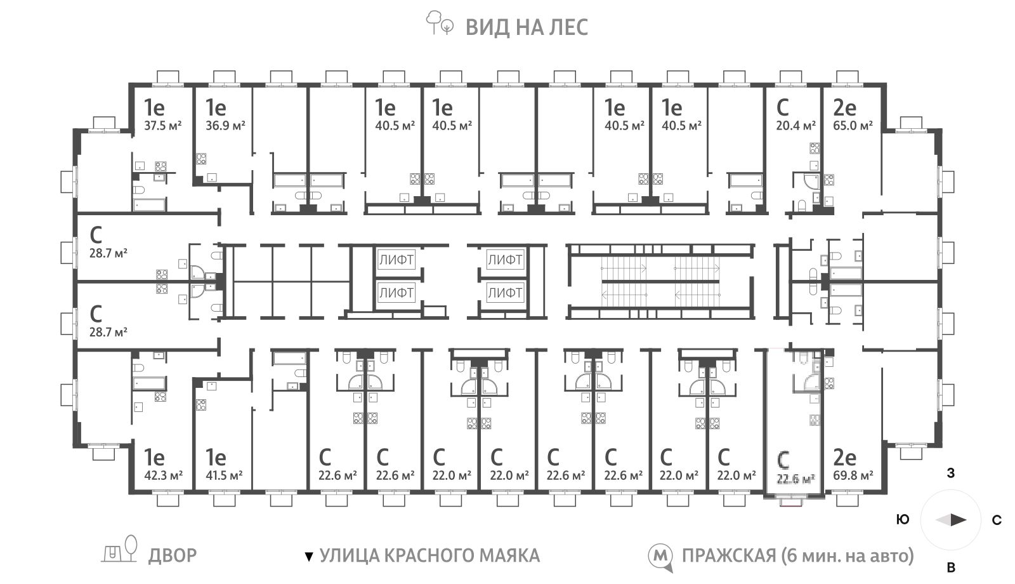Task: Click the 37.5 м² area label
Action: (162, 125)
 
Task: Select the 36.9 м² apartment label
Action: (225, 125)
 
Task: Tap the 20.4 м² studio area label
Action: (796, 125)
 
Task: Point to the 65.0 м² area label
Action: (853, 125)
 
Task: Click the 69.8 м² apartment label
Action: (853, 475)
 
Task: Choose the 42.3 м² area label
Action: (163, 475)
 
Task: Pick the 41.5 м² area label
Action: (224, 475)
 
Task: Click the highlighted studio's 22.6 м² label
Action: (796, 479)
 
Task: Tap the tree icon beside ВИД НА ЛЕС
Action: (439, 23)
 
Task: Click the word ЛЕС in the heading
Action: (568, 27)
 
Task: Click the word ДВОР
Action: (173, 555)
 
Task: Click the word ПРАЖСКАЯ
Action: (729, 555)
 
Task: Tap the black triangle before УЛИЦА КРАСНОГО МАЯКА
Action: (308, 556)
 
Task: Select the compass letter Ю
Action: (903, 520)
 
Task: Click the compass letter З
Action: (951, 474)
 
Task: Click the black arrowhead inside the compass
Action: (959, 520)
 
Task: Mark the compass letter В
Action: (951, 567)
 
